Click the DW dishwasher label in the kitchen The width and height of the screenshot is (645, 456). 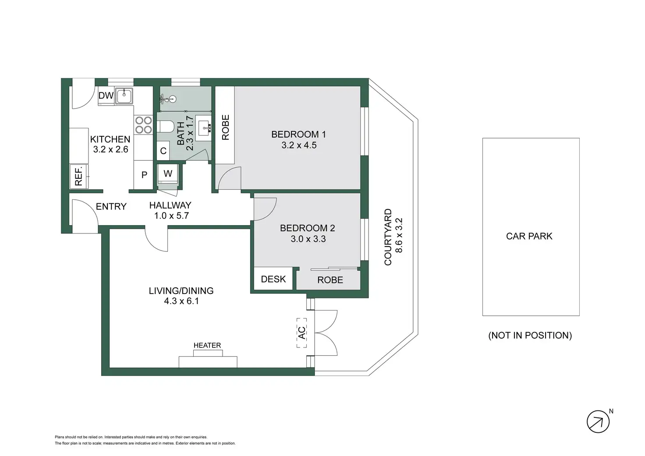(x=106, y=95)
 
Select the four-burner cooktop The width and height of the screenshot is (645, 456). (x=143, y=124)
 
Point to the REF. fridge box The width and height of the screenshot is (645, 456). (x=79, y=177)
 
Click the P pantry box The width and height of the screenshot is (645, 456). (x=144, y=175)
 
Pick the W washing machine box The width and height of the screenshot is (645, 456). (x=168, y=173)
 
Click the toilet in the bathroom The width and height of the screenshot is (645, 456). (x=165, y=127)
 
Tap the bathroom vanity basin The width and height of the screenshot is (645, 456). (x=203, y=127)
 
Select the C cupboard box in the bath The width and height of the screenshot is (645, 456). (x=163, y=151)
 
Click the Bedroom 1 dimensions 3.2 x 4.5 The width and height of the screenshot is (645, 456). (x=299, y=145)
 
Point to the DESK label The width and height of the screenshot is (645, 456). (x=273, y=279)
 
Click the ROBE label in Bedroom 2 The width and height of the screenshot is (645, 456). (x=330, y=280)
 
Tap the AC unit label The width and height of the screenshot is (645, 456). (x=302, y=332)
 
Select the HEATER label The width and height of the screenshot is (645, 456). (x=207, y=346)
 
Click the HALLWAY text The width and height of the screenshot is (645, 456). (x=170, y=205)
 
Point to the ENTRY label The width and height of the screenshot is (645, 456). (x=111, y=206)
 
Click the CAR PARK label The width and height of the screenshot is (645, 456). (x=529, y=236)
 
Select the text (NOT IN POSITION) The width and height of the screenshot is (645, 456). (x=530, y=336)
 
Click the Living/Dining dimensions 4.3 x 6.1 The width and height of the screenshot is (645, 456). (x=181, y=301)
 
